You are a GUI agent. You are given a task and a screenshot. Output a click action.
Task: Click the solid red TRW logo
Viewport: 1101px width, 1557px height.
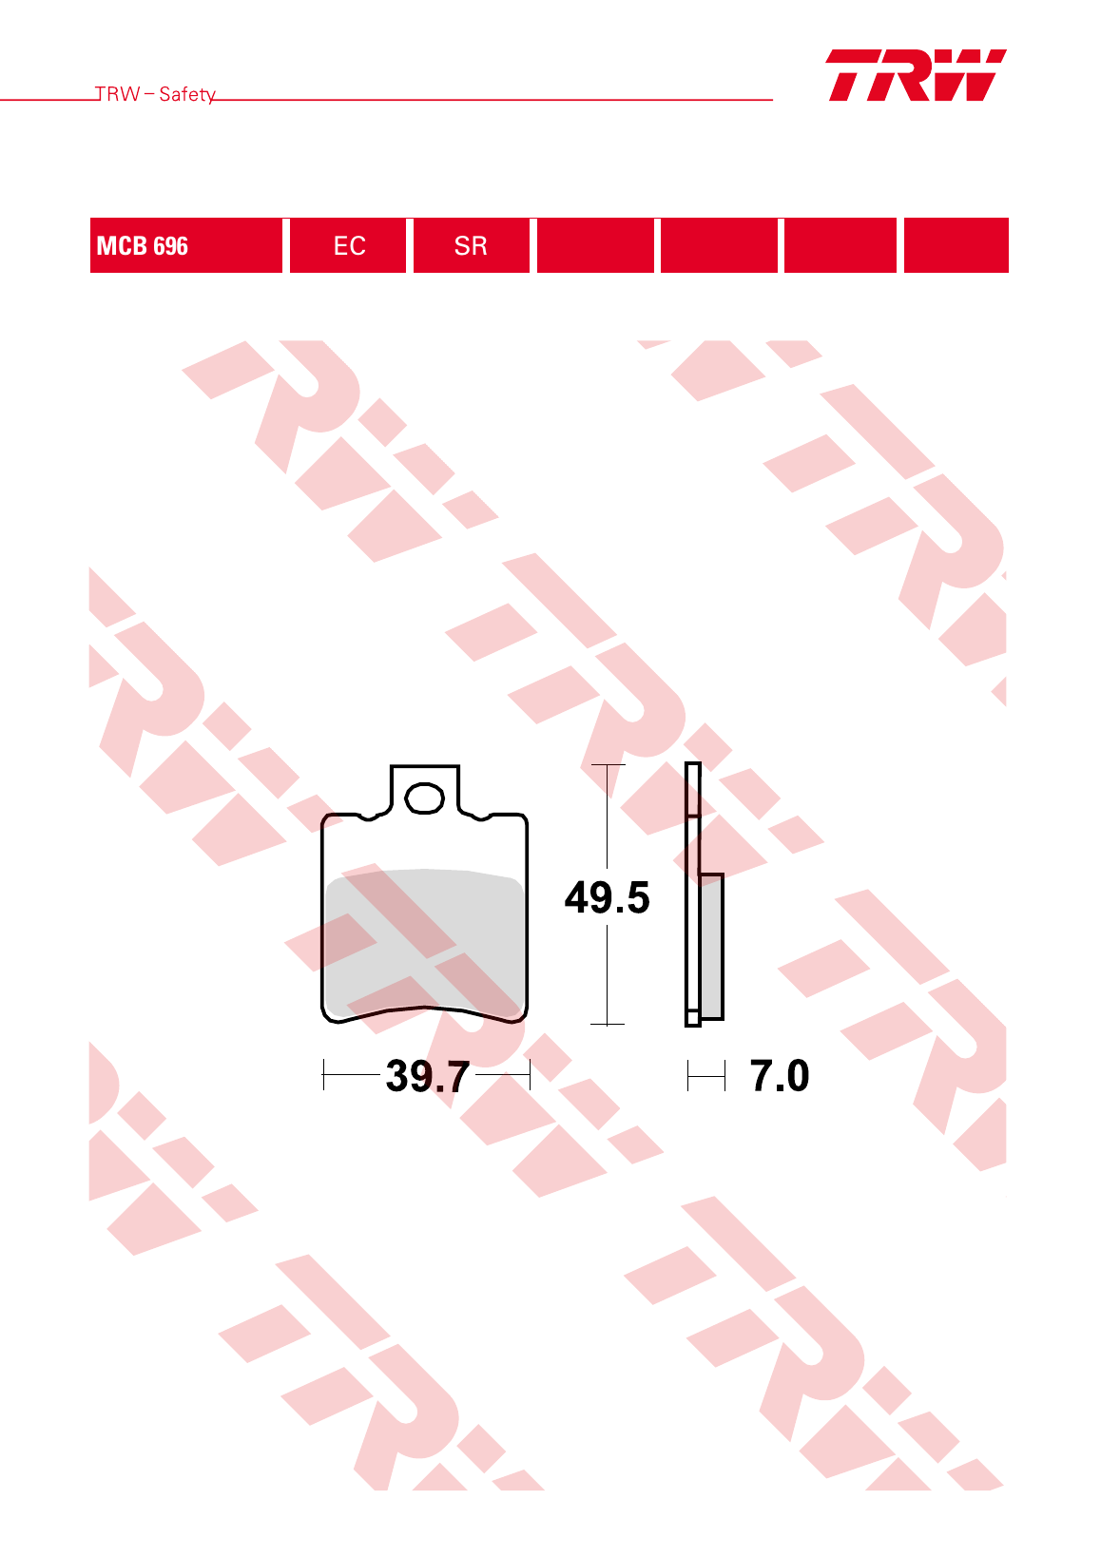(x=917, y=75)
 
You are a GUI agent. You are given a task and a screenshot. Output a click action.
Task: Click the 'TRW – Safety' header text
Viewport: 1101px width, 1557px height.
(x=155, y=94)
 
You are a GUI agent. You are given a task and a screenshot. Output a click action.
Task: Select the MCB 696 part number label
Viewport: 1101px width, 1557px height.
(x=143, y=246)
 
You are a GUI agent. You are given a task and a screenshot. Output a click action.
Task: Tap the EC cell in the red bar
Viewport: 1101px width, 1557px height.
(x=349, y=245)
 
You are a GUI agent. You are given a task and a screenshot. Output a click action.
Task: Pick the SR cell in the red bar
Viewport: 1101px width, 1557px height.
(x=472, y=245)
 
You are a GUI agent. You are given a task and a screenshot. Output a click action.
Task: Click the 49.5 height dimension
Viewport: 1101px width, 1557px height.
(x=608, y=897)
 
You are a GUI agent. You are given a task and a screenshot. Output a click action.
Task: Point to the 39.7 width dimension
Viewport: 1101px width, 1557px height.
(x=428, y=1076)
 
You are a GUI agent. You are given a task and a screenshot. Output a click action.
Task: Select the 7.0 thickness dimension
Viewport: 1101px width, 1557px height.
(x=780, y=1076)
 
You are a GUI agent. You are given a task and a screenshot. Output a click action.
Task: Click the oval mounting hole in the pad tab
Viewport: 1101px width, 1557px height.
(x=425, y=798)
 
